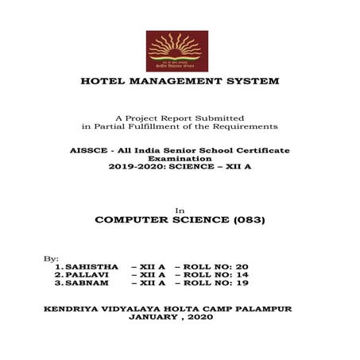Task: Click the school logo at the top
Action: pyautogui.click(x=176, y=51)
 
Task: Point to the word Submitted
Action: pyautogui.click(x=216, y=118)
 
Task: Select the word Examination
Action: pyautogui.click(x=179, y=158)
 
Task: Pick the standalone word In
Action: pyautogui.click(x=179, y=209)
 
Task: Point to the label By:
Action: pyautogui.click(x=51, y=258)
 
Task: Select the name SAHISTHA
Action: pyautogui.click(x=92, y=266)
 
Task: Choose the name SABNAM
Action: pyautogui.click(x=87, y=283)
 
